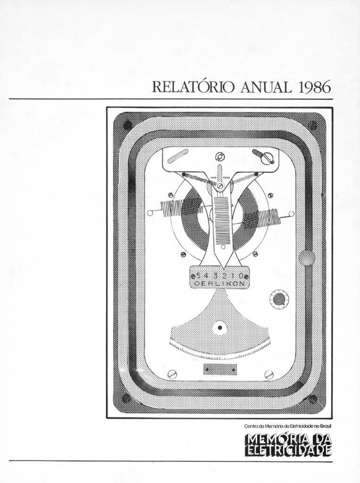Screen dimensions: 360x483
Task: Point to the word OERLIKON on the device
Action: tap(220, 283)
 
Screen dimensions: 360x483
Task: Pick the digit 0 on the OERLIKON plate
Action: tap(241, 275)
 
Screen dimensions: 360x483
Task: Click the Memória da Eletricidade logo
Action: tap(288, 445)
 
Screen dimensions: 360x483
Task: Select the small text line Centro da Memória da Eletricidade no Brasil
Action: tap(288, 426)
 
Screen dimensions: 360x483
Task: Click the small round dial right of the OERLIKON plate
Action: tap(279, 299)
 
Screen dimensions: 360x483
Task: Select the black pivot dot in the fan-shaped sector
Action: tap(220, 328)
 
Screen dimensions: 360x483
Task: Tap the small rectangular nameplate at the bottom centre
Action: tap(220, 369)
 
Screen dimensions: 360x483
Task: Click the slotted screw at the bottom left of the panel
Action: tap(172, 374)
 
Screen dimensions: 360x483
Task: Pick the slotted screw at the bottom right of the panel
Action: tap(269, 374)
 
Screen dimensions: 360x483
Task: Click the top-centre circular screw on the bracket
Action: tap(221, 158)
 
